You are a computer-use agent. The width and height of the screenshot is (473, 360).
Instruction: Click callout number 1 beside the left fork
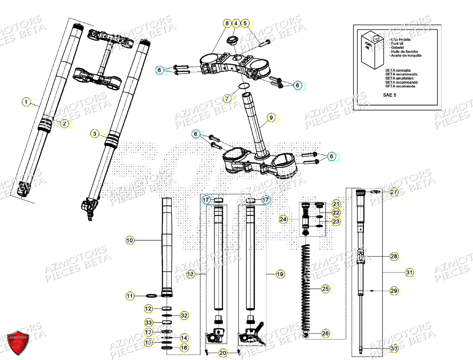click(x=26, y=103)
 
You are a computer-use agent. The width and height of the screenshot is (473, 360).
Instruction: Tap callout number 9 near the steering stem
click(x=271, y=117)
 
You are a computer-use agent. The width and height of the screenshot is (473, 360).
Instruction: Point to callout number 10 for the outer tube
click(x=130, y=240)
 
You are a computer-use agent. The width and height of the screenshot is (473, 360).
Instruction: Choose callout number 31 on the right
click(x=409, y=273)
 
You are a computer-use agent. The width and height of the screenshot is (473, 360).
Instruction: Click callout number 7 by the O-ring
click(x=228, y=99)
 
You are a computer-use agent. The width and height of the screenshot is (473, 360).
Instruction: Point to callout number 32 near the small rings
click(x=184, y=316)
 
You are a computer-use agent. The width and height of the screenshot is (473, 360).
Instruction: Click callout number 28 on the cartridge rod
click(x=394, y=257)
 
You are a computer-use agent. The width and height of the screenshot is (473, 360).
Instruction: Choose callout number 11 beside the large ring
click(x=130, y=296)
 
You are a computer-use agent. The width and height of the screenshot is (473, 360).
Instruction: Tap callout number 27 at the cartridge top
click(x=393, y=193)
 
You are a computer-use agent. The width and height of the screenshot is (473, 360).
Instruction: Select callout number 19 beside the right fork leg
click(x=280, y=274)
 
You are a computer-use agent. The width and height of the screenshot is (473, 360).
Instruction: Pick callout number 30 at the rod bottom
click(x=393, y=348)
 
